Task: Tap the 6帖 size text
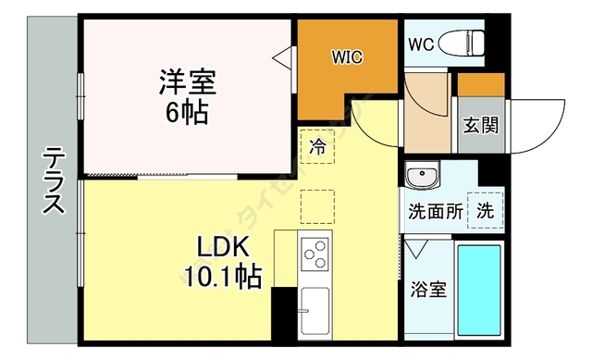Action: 187,113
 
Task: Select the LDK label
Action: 220,247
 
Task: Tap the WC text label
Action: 421,43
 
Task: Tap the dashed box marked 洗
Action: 485,209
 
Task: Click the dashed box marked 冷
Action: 317,146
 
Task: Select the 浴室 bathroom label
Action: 428,289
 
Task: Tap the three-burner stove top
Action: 315,253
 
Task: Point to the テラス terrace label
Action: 54,182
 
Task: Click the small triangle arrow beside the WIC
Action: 280,57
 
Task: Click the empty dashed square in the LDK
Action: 317,205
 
